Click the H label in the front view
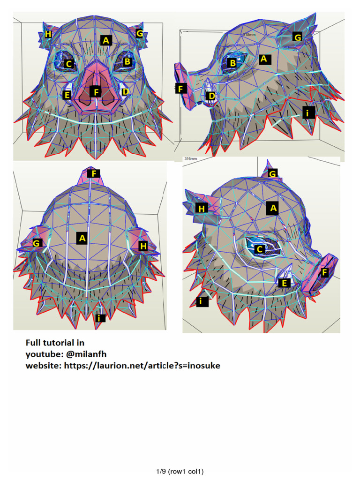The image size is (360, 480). (x=48, y=34)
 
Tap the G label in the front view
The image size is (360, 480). (x=139, y=33)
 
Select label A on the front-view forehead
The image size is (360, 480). (x=106, y=40)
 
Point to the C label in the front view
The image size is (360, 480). (x=69, y=64)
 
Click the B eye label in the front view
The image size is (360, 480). (x=127, y=61)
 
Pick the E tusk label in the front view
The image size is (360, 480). (x=67, y=95)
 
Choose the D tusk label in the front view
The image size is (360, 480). (x=125, y=92)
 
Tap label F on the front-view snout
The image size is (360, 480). (x=97, y=92)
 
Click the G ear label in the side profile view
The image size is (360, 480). (x=298, y=37)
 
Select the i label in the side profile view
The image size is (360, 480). (x=307, y=113)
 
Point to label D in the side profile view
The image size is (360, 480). (x=212, y=97)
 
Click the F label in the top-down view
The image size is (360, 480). (x=94, y=173)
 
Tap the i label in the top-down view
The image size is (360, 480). (x=99, y=318)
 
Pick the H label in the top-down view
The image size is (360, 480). (x=143, y=245)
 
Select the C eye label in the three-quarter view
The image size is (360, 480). (x=260, y=249)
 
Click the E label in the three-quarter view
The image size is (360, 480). (x=283, y=283)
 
